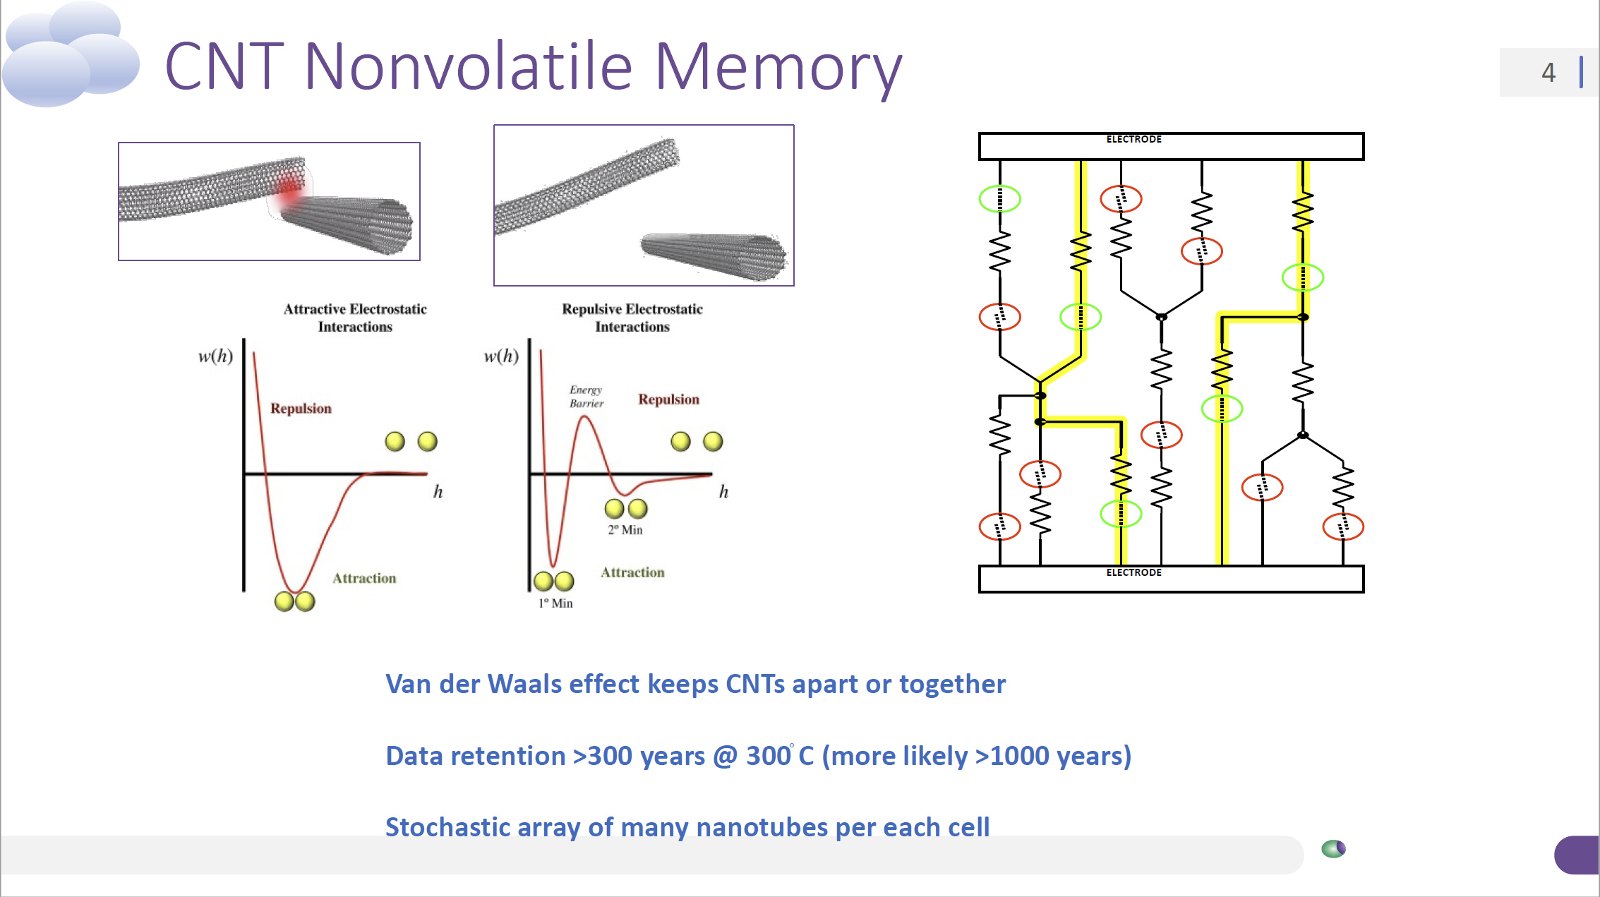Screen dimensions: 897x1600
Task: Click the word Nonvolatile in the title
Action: pos(467,67)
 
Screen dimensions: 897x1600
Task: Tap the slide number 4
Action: pos(1548,73)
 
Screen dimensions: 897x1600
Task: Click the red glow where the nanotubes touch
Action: pos(288,190)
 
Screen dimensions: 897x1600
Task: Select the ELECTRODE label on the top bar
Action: pos(1133,140)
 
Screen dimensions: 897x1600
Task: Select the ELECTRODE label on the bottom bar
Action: pos(1133,572)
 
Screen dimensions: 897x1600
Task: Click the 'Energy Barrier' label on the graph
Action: pos(587,397)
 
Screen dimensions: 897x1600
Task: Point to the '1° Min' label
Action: pos(555,603)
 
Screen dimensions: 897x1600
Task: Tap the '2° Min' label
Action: pos(625,530)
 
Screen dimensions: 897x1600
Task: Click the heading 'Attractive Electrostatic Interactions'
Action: pos(355,318)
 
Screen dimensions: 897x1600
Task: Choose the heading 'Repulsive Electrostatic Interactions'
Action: pos(632,318)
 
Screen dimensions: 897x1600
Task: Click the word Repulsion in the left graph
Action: pos(301,409)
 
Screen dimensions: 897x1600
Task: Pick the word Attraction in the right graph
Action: pos(632,572)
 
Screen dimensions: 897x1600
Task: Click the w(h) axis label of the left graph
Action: pos(215,356)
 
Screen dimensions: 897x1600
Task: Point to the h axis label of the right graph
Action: pos(723,492)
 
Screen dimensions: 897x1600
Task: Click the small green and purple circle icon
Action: pos(1333,848)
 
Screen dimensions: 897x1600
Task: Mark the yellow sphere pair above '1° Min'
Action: pos(554,582)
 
